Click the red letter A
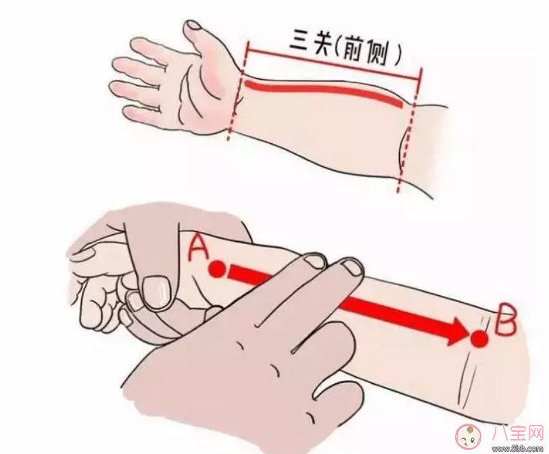coord(197,248)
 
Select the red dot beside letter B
coord(479,338)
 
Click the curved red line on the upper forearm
coord(325,91)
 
